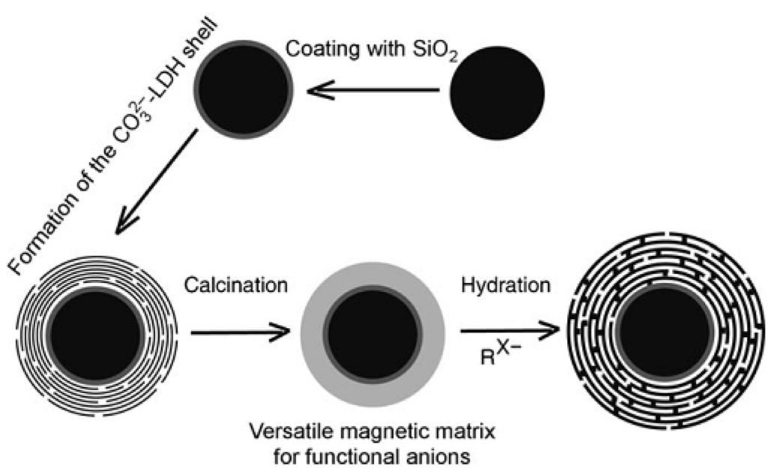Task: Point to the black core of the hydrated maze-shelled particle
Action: [x=664, y=330]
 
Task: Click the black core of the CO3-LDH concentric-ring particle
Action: [x=95, y=330]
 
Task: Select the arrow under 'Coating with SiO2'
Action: [x=371, y=91]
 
